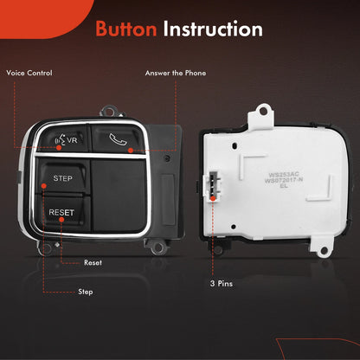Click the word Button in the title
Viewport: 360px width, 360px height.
(126, 29)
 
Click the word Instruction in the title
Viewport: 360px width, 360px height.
(213, 29)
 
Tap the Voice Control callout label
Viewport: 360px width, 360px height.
(29, 73)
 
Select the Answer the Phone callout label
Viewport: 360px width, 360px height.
(176, 73)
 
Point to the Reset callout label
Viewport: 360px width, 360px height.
(93, 263)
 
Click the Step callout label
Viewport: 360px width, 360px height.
(86, 292)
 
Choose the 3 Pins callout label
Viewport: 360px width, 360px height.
(222, 284)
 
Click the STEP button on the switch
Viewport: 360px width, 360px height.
(63, 177)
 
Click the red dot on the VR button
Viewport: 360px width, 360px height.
(59, 148)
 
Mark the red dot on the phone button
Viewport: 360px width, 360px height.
(131, 151)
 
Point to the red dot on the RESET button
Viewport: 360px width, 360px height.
(61, 220)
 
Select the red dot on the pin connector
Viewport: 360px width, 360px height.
(213, 198)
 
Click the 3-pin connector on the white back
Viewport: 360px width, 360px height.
(213, 185)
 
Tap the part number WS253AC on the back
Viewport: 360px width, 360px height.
(280, 175)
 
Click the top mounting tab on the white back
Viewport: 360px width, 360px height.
(262, 115)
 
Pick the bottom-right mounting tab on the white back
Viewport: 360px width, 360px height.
(322, 247)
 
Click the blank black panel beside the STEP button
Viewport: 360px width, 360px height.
(119, 196)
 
